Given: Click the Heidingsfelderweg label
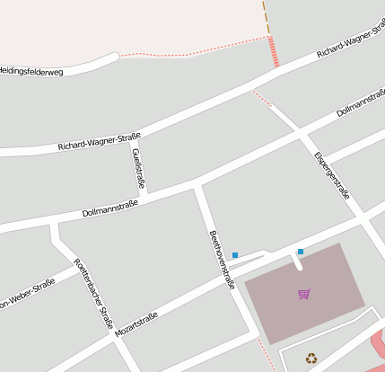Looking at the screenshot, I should (x=31, y=71).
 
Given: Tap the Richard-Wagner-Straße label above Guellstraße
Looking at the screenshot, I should (x=99, y=141).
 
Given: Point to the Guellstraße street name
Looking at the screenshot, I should (x=139, y=169).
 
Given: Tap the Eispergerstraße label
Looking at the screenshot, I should (x=331, y=174).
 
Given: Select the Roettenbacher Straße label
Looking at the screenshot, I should (x=93, y=293).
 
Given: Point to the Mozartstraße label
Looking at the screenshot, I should (x=136, y=324).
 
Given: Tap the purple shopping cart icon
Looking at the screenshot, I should (x=304, y=294).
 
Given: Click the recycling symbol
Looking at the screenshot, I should (x=311, y=358).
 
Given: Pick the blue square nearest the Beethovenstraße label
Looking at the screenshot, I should (x=235, y=255).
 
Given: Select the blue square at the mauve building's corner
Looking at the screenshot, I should (x=301, y=252).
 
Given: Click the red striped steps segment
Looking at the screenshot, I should (x=274, y=52).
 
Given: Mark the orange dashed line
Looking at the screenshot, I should (x=266, y=17).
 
